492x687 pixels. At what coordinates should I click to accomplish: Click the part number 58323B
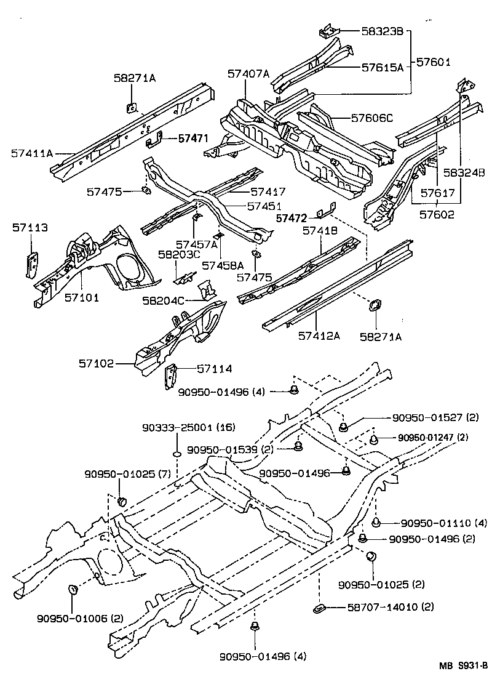tap(382, 31)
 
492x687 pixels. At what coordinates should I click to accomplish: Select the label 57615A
tap(383, 68)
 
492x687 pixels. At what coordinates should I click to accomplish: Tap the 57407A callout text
tap(248, 74)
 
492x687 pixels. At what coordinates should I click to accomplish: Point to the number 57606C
tap(371, 118)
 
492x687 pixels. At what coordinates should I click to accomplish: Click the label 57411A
tap(32, 153)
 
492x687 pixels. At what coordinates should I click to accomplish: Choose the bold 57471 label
tap(194, 139)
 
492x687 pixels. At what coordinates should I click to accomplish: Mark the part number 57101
tap(82, 297)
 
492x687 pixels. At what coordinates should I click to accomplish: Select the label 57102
tap(96, 363)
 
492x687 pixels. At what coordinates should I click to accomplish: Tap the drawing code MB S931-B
tap(462, 665)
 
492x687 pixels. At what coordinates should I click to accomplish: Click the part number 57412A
tap(319, 336)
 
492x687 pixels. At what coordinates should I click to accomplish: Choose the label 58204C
tap(163, 300)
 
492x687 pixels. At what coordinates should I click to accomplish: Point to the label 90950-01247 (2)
tap(433, 438)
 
